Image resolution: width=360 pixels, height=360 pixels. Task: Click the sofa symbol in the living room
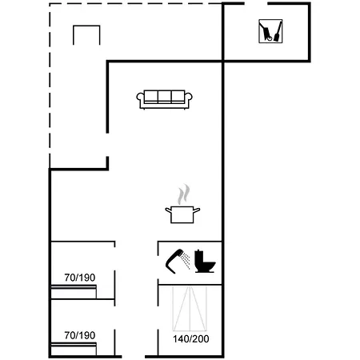[x=164, y=99]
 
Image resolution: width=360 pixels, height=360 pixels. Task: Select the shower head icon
[x=174, y=261]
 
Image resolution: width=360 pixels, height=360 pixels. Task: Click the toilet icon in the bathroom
[x=204, y=262]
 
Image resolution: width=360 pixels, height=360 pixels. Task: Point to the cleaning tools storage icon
[x=270, y=31]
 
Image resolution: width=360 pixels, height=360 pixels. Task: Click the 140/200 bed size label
[x=191, y=339]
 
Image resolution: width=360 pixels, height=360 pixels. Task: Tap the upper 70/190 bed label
[x=80, y=278]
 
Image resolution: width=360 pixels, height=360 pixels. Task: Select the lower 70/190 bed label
[x=80, y=335]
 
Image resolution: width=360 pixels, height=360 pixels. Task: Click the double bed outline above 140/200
[x=190, y=309]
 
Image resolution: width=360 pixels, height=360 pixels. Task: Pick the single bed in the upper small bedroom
[x=74, y=292]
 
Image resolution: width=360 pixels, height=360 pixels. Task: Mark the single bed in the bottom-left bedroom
[x=74, y=349]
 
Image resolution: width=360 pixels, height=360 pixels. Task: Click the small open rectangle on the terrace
[x=86, y=26]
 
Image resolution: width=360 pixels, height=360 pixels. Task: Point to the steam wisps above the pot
[x=184, y=194]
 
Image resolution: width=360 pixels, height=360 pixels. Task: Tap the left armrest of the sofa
[x=140, y=99]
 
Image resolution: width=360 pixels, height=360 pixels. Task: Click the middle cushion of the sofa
[x=164, y=97]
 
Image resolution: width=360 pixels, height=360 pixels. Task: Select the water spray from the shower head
[x=186, y=261]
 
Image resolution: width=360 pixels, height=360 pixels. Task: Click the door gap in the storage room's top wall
[x=256, y=3]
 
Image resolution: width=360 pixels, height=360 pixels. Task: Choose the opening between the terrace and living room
[x=107, y=145]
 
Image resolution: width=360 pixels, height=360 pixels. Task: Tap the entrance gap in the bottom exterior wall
[x=134, y=357]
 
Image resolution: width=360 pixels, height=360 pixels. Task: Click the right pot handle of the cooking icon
[x=197, y=210]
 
